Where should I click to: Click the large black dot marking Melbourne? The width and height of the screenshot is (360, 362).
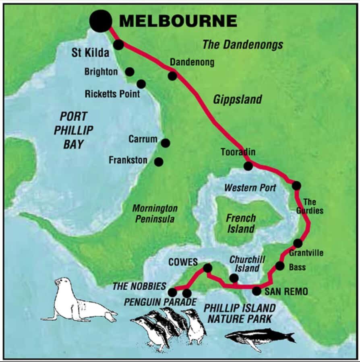point(101,21)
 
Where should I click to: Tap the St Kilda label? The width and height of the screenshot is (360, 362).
point(90,53)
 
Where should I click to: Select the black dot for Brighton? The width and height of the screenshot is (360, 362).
point(130,72)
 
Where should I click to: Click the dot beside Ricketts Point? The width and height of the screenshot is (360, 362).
point(141,84)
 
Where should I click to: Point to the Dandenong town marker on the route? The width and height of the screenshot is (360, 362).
point(172,76)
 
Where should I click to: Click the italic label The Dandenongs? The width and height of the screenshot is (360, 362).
point(242,45)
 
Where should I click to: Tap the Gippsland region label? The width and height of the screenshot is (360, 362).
point(237,99)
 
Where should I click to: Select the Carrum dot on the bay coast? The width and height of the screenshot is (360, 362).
point(165,143)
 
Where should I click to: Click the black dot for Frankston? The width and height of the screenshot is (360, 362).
point(159,162)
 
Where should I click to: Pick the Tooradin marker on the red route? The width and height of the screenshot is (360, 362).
point(248,166)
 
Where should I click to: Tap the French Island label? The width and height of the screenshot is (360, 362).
point(240,224)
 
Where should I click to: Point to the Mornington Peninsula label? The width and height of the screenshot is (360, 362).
point(155,214)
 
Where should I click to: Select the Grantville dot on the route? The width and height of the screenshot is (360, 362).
point(298,243)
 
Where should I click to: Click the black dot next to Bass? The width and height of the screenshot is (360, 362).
point(280,266)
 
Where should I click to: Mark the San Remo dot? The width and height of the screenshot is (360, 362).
point(257,291)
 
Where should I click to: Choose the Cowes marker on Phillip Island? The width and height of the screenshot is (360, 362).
point(208,268)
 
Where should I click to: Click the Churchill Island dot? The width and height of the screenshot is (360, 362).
point(234,278)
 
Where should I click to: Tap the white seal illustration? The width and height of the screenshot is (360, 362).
point(77,302)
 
